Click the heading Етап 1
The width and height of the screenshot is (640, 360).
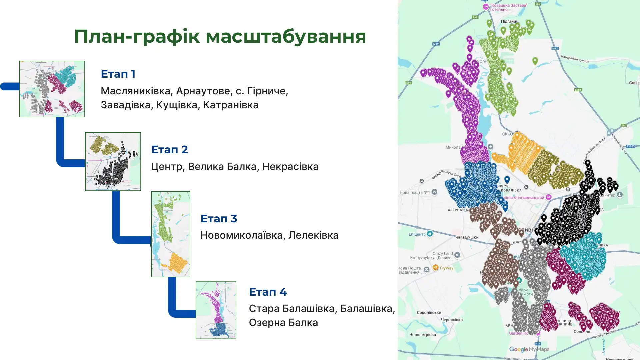[x=118, y=74]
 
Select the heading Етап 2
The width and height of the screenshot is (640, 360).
[x=169, y=150]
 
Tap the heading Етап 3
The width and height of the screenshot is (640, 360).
[x=219, y=219]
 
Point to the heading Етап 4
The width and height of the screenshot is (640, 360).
[x=268, y=292]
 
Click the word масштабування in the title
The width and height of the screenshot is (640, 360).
[x=286, y=37]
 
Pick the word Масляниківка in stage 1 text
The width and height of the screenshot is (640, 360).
[x=136, y=91]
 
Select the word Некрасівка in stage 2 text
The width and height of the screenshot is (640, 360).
[x=290, y=166]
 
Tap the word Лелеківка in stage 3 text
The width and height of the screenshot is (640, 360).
[x=313, y=235]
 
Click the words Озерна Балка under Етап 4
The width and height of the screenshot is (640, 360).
[x=283, y=323]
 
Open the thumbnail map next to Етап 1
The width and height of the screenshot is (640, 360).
[x=52, y=89]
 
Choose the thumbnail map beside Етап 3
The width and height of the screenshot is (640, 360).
[x=170, y=234]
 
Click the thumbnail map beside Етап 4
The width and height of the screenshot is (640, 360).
[x=216, y=310]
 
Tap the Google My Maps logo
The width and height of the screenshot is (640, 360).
[x=529, y=349]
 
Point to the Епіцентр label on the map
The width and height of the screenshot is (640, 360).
[x=417, y=234]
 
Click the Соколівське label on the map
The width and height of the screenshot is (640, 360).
[x=429, y=313]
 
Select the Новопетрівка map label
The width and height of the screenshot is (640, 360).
[x=422, y=335]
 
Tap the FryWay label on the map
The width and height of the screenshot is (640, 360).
[x=446, y=268]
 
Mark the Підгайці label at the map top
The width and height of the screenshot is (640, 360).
[x=509, y=21]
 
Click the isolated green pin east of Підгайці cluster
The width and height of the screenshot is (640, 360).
[x=535, y=61]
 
